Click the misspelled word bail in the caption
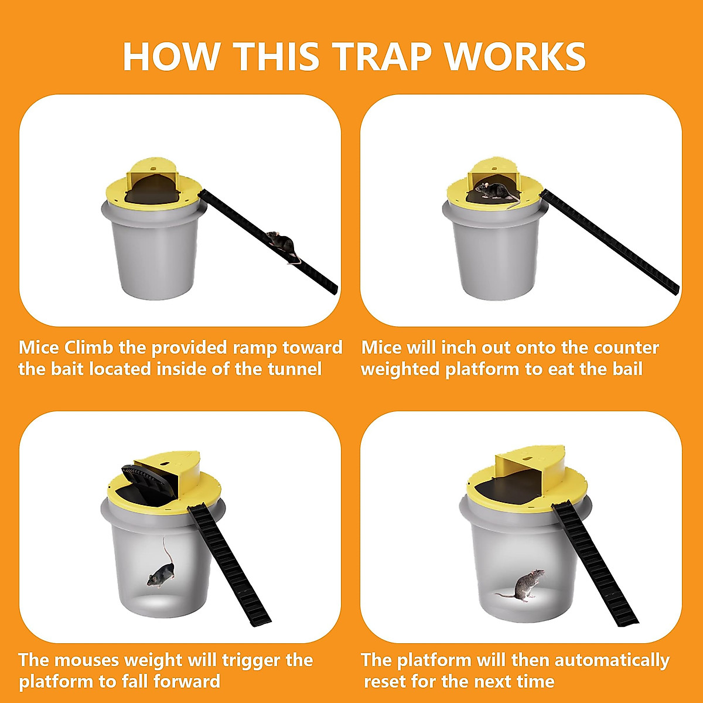point(627,369)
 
